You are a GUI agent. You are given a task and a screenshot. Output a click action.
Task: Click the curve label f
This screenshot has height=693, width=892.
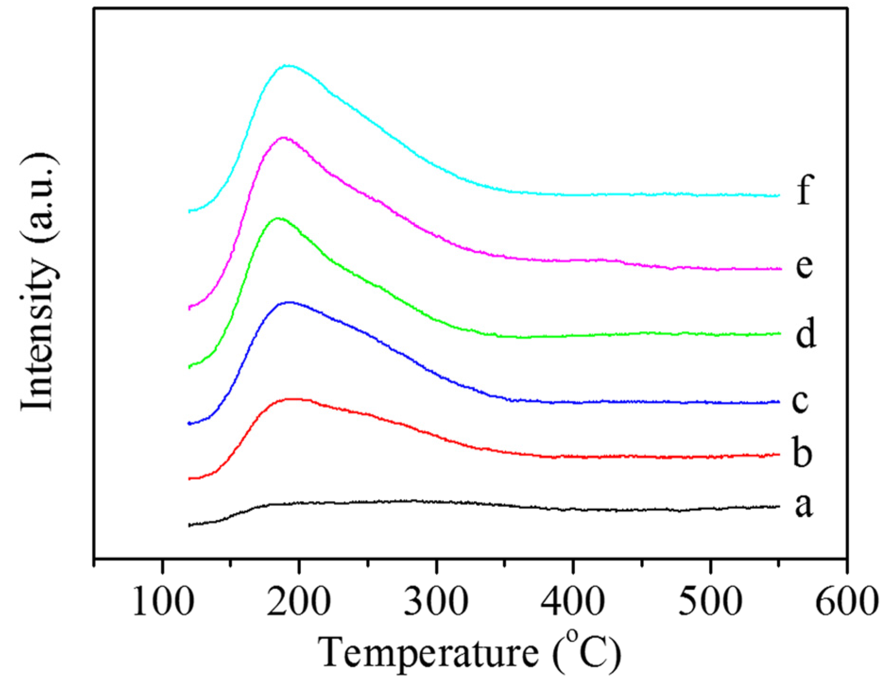805,190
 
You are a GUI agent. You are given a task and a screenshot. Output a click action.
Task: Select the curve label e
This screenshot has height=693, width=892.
805,267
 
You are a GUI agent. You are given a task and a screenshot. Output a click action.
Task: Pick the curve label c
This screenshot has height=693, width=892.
800,401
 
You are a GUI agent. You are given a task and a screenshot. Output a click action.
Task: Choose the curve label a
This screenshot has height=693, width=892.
804,505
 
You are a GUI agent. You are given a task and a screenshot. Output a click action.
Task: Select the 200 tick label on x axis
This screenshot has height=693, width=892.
299,602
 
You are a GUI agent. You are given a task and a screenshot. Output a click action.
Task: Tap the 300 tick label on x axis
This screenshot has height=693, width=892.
436,602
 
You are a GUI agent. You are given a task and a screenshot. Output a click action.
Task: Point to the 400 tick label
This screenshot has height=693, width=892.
573,602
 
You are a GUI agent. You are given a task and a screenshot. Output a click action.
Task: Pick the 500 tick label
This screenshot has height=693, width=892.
710,602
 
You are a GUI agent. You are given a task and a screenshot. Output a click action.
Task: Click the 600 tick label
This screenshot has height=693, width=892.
847,602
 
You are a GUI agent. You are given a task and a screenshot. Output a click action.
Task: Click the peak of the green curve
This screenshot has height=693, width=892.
278,218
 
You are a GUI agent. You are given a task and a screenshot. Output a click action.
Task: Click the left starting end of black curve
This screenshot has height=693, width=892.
189,525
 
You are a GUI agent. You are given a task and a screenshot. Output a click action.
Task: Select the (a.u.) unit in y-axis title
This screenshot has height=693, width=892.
39,198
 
